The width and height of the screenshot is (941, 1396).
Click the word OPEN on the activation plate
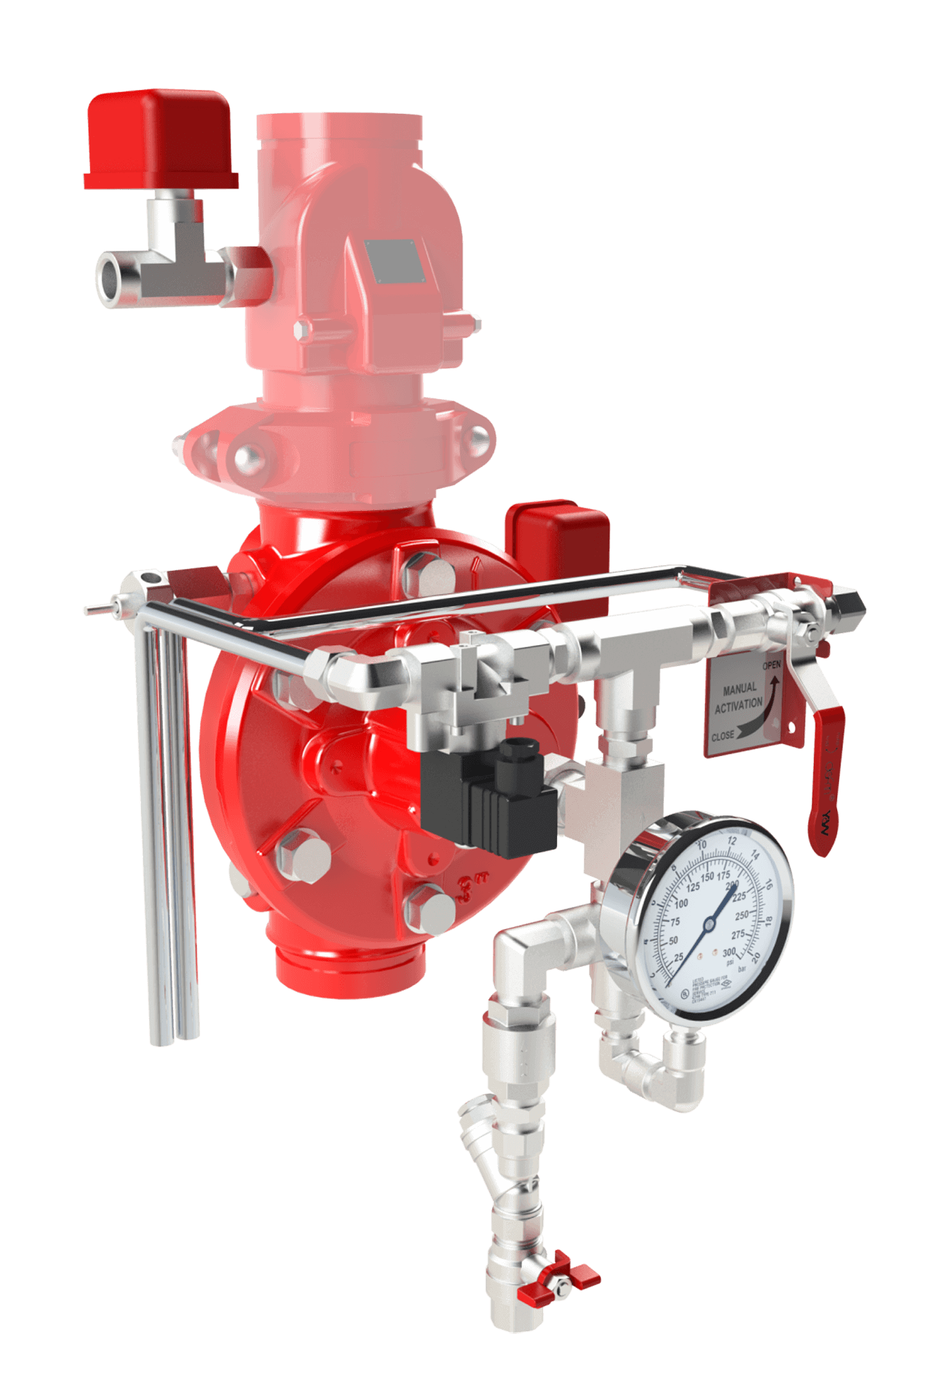[771, 665]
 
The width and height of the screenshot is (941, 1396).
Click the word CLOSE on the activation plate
[723, 736]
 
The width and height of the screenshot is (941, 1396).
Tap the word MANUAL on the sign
[739, 689]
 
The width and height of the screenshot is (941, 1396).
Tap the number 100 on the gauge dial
[681, 903]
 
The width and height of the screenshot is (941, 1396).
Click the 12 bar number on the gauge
[732, 840]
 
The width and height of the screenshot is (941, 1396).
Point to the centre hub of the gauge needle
[709, 923]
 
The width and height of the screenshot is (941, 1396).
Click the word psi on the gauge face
[729, 962]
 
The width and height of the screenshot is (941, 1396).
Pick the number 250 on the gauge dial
[741, 914]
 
